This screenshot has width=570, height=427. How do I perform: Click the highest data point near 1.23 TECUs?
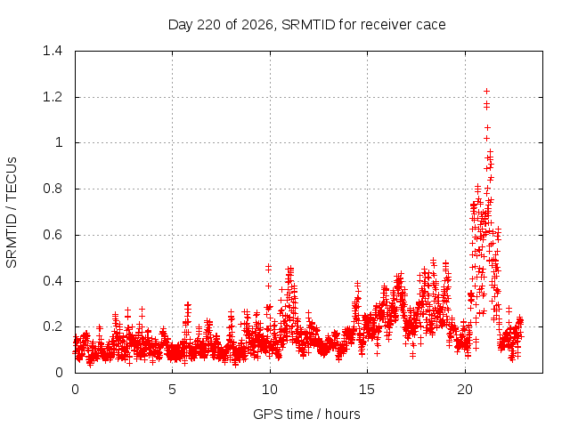tap(487, 91)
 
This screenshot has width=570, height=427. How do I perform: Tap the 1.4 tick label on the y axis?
tap(53, 51)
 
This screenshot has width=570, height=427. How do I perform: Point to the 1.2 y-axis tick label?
tap(53, 97)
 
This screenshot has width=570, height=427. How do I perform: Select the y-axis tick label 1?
tap(59, 142)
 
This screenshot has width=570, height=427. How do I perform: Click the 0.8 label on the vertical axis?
tap(53, 189)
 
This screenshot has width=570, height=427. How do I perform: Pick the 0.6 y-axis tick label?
tap(53, 235)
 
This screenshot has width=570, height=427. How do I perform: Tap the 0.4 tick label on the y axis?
tap(53, 281)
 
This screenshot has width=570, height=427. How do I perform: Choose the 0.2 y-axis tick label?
tap(53, 326)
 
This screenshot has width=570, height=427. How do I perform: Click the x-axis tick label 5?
tap(172, 390)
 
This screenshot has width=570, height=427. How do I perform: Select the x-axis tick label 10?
tap(270, 390)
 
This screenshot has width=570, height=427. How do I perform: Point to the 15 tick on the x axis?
tap(367, 390)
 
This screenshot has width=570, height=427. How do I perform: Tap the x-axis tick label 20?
tap(465, 390)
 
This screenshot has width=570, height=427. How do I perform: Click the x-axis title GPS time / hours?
tap(306, 415)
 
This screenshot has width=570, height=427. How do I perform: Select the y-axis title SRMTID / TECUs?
tap(12, 213)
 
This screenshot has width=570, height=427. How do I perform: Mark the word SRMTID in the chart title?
tap(308, 25)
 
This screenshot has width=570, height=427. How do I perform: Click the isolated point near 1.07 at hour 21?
tap(487, 128)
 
